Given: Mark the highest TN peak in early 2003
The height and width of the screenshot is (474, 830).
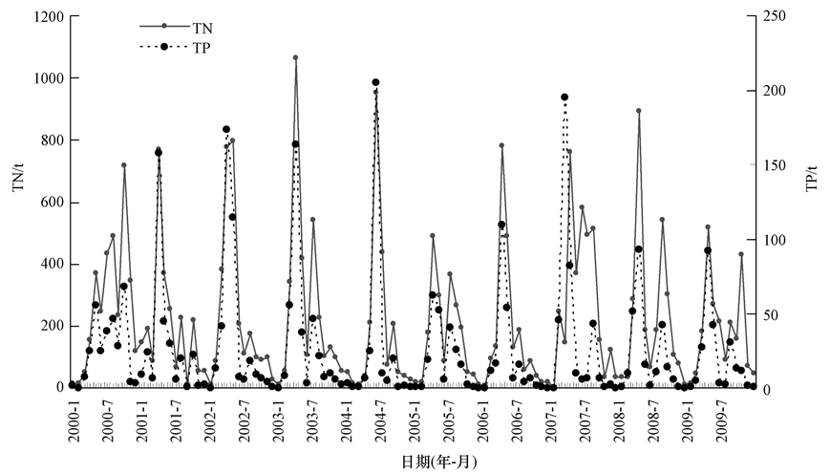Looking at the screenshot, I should pyautogui.click(x=295, y=57).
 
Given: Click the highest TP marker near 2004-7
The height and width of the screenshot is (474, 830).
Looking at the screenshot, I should pyautogui.click(x=375, y=83).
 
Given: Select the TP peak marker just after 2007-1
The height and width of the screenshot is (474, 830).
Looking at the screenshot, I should pyautogui.click(x=564, y=97).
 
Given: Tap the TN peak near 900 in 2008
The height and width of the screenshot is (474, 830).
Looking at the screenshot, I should pyautogui.click(x=638, y=111).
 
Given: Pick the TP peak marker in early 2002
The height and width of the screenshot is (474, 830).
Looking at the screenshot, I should pyautogui.click(x=226, y=129).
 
